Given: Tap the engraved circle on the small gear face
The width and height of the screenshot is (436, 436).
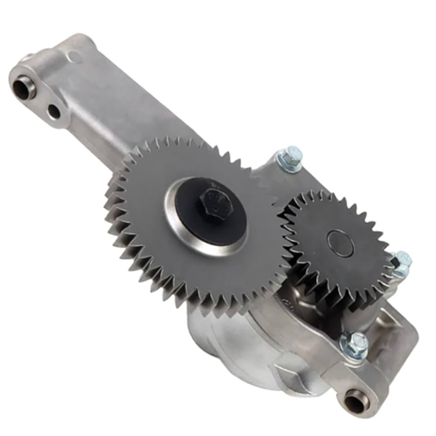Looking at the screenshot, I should (340, 242).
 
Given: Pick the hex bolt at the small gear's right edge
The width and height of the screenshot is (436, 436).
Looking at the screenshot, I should (401, 262).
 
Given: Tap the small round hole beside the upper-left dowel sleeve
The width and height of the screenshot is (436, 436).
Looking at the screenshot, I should (54, 111).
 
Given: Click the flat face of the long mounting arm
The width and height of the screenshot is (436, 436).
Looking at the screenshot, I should (121, 103).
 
